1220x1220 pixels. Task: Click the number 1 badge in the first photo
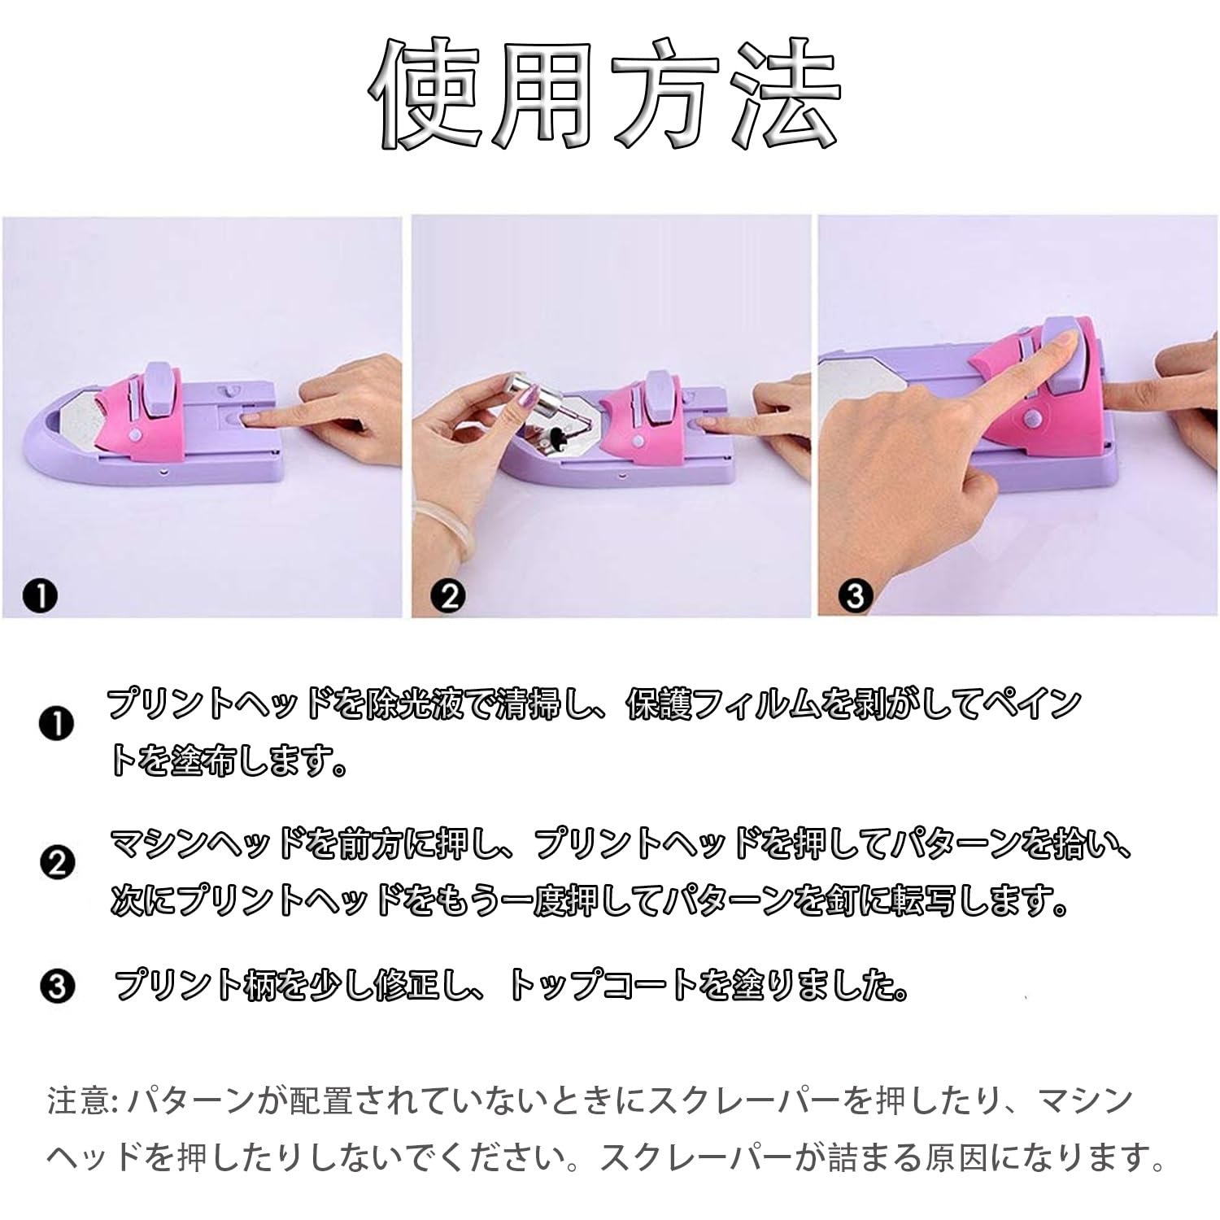point(40,598)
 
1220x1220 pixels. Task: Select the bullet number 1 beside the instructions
point(56,723)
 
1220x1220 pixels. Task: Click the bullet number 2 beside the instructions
point(56,862)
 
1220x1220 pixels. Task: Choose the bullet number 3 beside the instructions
point(56,987)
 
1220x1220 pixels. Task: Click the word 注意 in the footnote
point(78,1102)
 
